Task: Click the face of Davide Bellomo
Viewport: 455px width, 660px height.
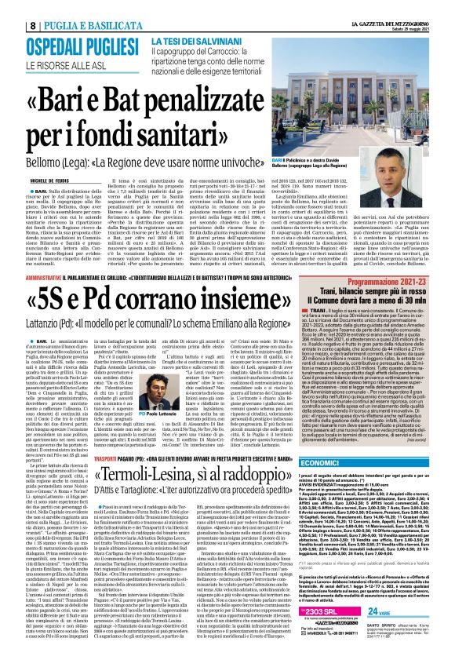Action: pos(414,108)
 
